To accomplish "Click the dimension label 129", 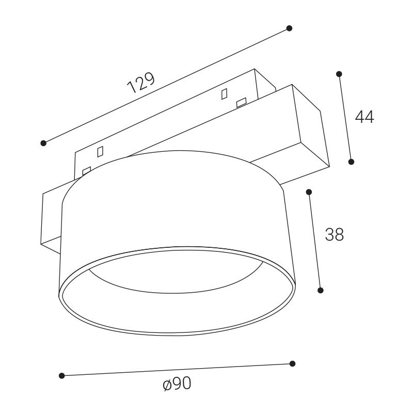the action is coord(140,83).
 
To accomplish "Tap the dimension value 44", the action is coord(364,117).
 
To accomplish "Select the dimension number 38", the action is coord(335,234).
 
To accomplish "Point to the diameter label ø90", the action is coord(177,384).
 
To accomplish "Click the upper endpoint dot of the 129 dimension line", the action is coord(289,28).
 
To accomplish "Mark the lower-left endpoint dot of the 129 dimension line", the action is coord(43,143).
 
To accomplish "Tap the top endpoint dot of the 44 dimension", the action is coord(339,74).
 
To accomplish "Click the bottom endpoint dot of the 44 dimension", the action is coord(351,162).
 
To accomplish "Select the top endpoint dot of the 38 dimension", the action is coord(309,192).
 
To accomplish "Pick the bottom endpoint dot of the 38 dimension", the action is coord(321,290).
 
